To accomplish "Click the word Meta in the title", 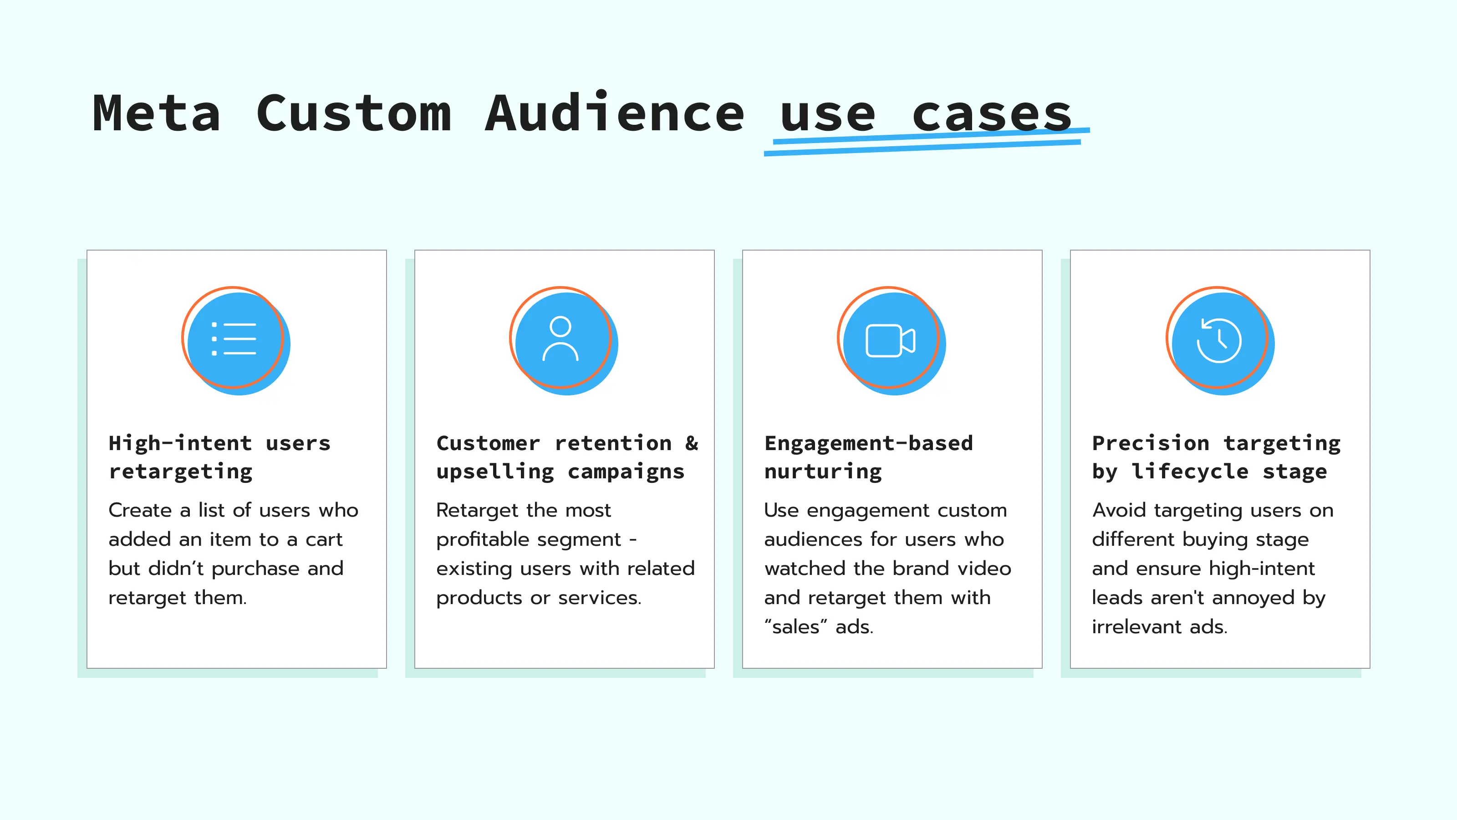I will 156,114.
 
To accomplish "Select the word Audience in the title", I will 614,114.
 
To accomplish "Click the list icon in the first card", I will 234,339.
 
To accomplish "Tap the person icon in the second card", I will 560,339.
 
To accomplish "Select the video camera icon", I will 890,340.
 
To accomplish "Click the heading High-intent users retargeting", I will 219,457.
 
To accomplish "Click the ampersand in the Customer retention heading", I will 691,443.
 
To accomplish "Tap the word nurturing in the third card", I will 823,471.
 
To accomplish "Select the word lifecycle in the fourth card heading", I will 1189,471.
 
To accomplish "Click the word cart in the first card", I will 324,539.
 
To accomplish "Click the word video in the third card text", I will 983,568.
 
